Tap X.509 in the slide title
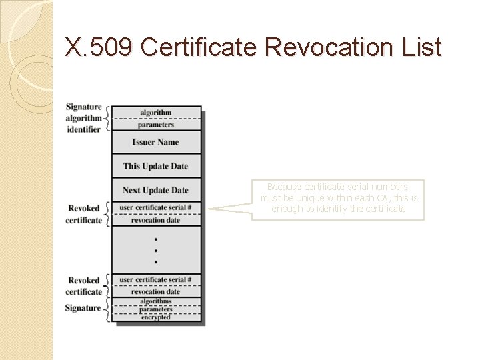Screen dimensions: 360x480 (100, 47)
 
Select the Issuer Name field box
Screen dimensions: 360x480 (155, 142)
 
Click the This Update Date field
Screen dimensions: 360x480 (155, 166)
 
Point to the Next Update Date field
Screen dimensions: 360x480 (155, 190)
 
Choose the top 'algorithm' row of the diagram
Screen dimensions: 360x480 (155, 113)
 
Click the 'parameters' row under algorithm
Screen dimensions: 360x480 (155, 124)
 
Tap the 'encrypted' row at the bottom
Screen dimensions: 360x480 (155, 317)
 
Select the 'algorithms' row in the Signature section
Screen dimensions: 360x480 (155, 301)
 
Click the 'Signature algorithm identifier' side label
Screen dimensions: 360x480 (84, 118)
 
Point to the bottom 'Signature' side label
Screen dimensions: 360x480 (83, 308)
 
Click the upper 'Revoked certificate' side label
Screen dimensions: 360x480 (84, 214)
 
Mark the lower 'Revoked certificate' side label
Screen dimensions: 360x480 (84, 286)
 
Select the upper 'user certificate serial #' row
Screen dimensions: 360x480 (155, 208)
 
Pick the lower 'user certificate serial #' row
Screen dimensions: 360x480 (155, 279)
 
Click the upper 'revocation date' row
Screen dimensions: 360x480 (155, 220)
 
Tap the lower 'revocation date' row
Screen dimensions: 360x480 (155, 291)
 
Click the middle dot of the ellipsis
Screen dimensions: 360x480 (155, 251)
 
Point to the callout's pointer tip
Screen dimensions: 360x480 (208, 209)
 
